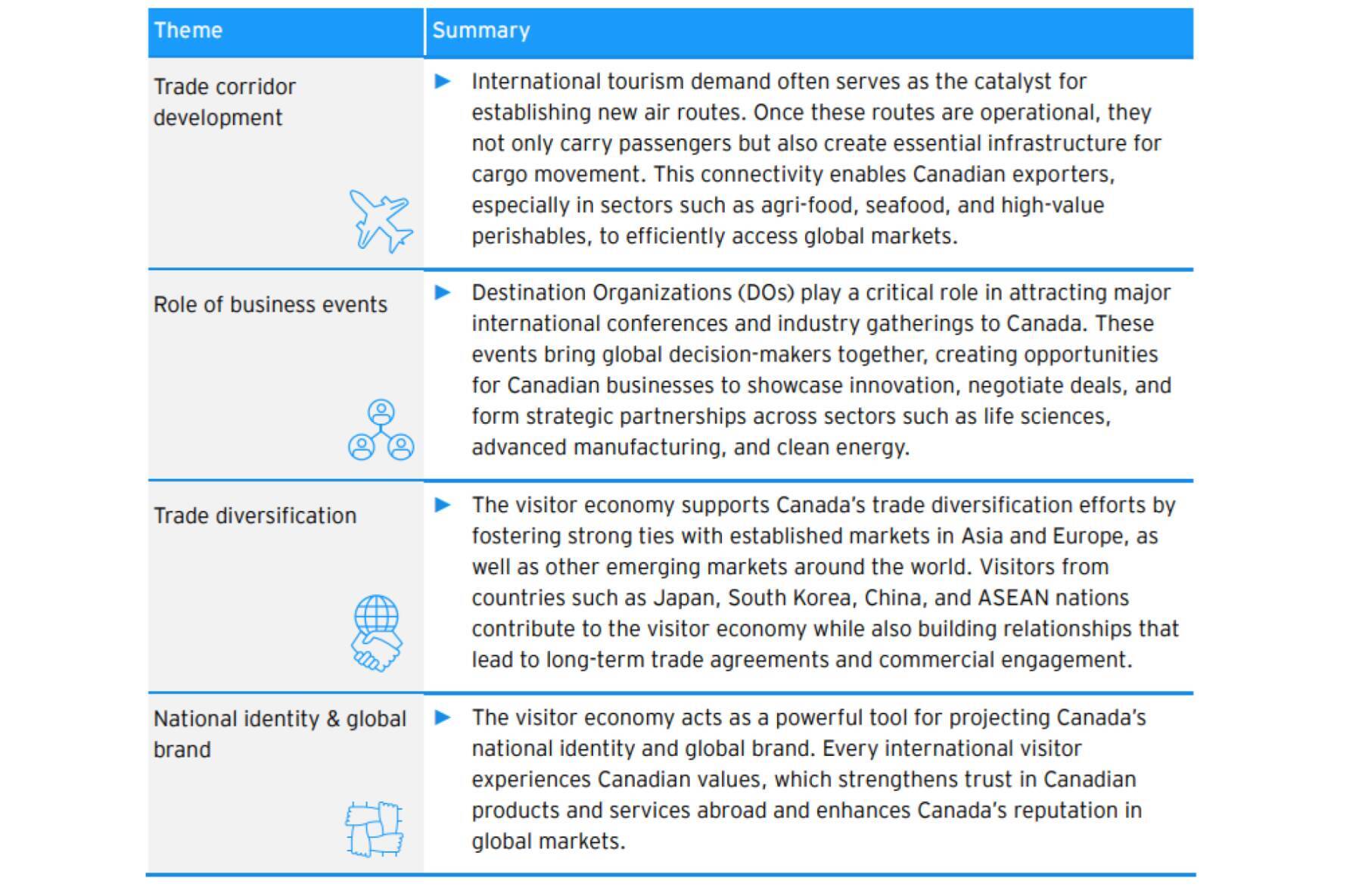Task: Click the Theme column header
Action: click(x=188, y=30)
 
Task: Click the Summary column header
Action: click(x=481, y=30)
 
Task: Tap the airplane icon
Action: click(x=381, y=220)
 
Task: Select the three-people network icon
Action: click(x=381, y=431)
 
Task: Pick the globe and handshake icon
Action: click(x=377, y=633)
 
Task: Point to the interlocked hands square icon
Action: click(x=375, y=829)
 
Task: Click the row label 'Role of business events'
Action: click(x=270, y=304)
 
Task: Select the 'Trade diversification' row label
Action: click(x=255, y=515)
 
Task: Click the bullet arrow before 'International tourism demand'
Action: click(x=443, y=82)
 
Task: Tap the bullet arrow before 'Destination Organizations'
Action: click(x=443, y=293)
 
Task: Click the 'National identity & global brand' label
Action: click(x=279, y=733)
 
